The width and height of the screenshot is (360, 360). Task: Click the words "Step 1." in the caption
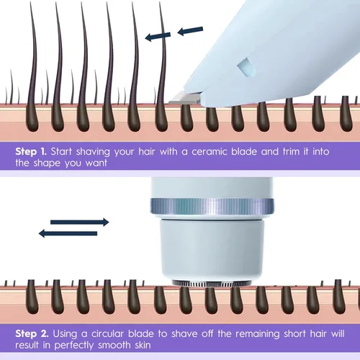(31, 152)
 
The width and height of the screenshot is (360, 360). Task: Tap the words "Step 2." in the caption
(32, 333)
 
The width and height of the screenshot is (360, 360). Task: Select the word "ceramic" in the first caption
(210, 152)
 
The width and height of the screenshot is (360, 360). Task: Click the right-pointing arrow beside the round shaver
(80, 222)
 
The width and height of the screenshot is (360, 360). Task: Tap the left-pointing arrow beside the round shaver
(68, 233)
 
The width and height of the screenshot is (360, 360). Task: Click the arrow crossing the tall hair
(158, 37)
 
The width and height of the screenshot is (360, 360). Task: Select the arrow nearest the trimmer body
(190, 31)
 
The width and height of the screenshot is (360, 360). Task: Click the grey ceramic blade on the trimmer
(184, 99)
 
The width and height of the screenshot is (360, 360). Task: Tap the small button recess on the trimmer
(246, 67)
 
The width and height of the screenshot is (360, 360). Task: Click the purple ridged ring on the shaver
(212, 206)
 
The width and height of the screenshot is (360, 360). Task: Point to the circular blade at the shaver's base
(212, 284)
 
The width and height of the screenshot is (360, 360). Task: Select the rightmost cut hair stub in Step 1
(346, 114)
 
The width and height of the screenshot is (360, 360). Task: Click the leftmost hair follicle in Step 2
(32, 297)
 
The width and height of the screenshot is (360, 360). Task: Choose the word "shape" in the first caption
(47, 163)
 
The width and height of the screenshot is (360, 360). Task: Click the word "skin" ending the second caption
(143, 345)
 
